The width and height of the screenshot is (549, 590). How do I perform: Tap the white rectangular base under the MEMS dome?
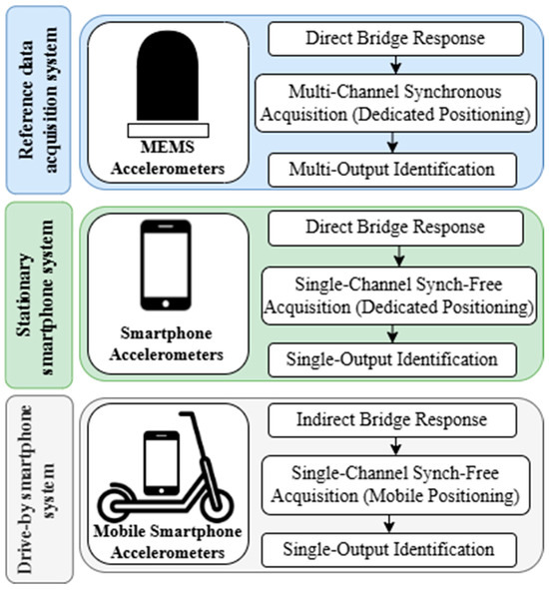168,129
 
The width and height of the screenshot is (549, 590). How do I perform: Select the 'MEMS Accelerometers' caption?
168,159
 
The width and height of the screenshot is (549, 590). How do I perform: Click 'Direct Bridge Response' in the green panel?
392,228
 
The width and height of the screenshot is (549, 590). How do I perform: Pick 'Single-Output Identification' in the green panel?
392,357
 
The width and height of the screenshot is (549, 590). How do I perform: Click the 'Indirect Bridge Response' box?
392,419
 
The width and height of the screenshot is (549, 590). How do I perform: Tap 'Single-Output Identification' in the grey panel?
392,549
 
